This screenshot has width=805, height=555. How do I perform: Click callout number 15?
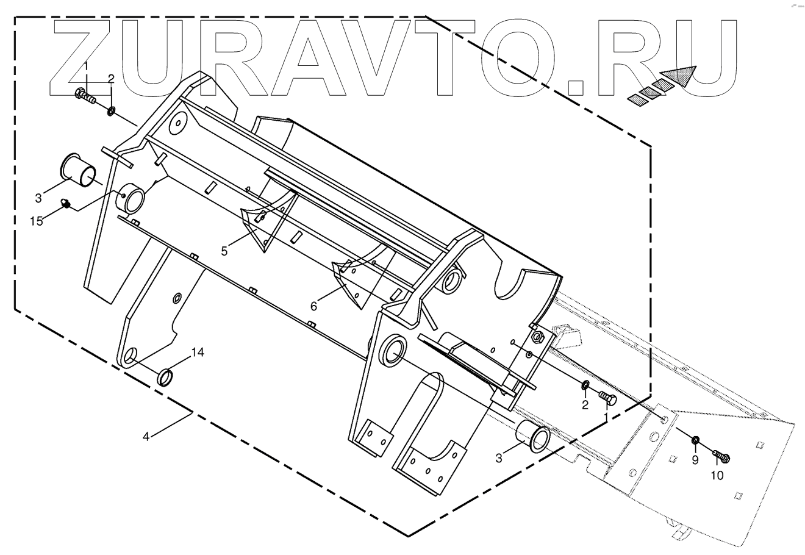37,221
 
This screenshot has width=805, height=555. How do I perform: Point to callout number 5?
225,251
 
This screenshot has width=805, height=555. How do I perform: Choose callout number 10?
718,475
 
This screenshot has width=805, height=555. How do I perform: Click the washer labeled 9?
695,440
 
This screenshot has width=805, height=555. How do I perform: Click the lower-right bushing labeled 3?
532,438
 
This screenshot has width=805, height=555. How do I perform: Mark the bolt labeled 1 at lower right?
609,399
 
